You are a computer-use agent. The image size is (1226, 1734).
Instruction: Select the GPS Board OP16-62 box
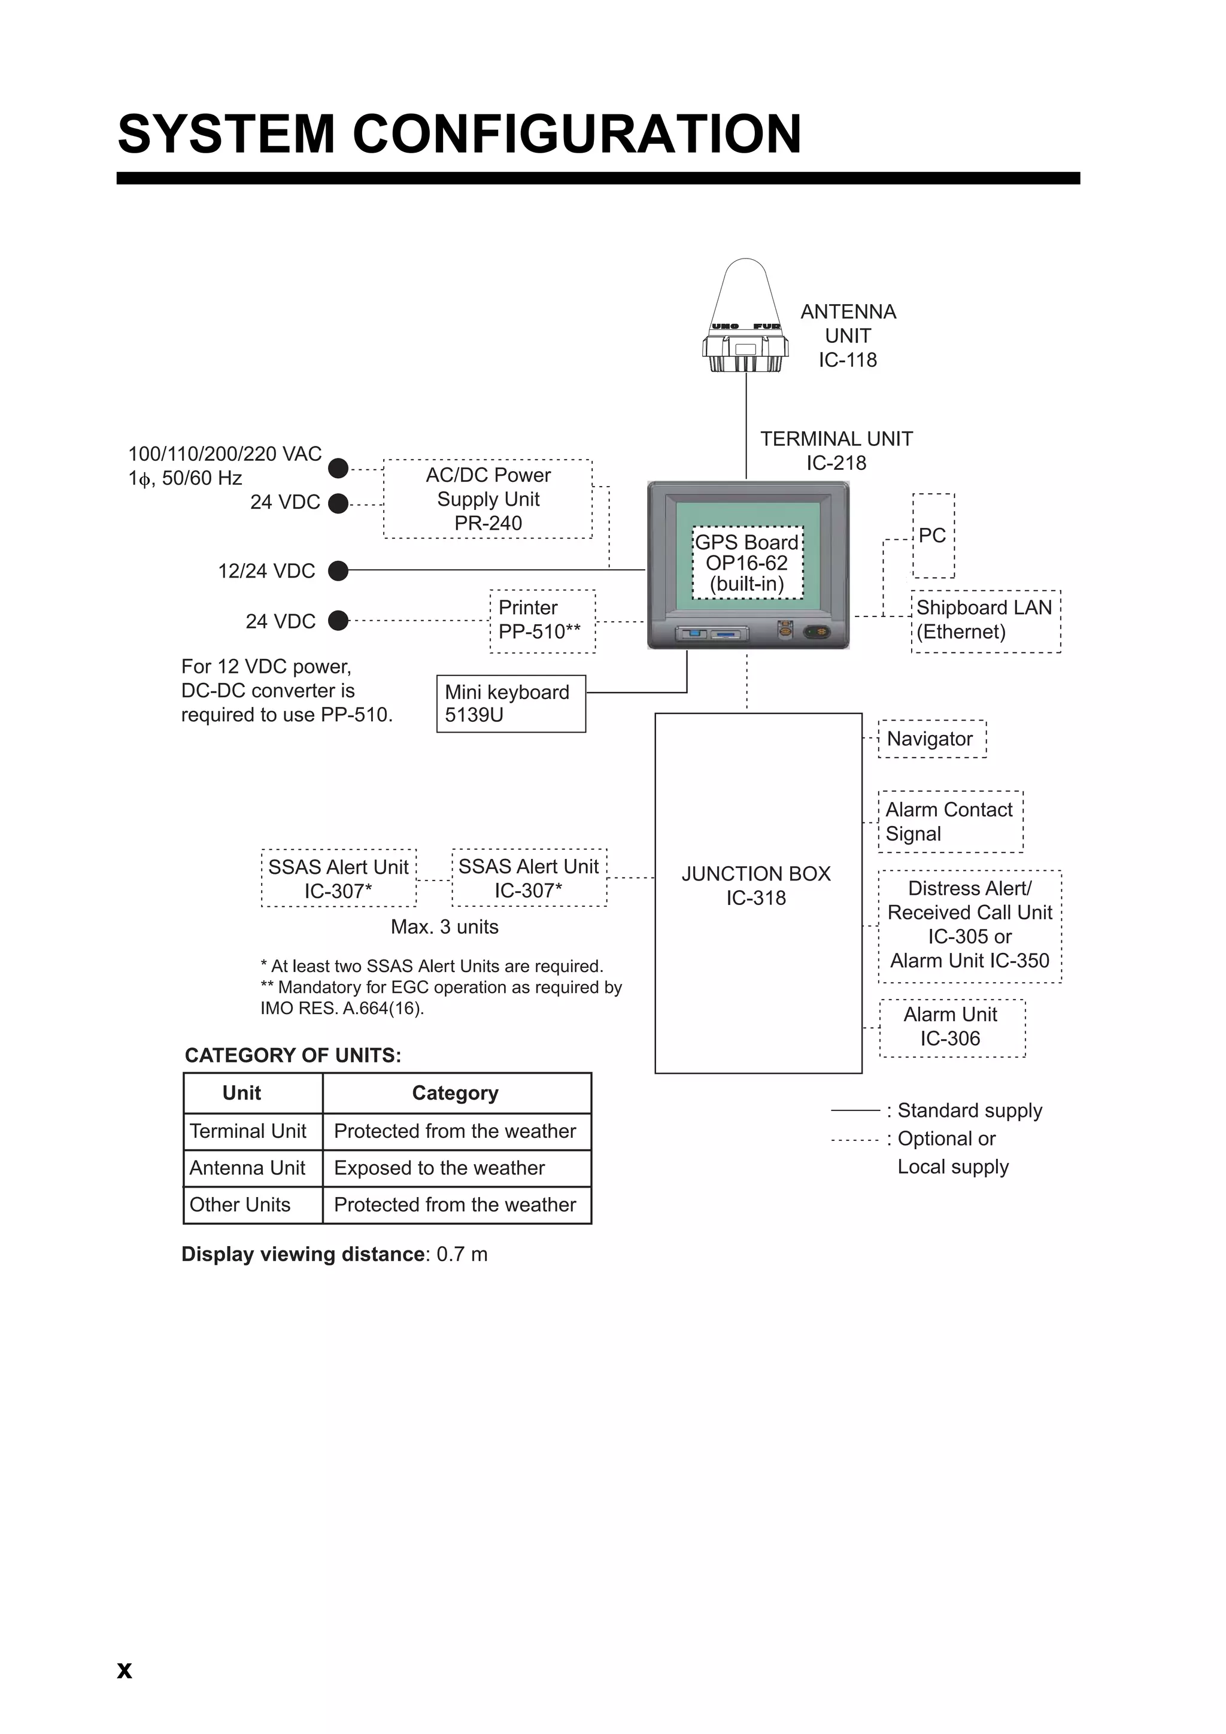pos(747,563)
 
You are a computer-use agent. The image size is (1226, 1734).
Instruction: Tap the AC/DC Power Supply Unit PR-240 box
pos(488,499)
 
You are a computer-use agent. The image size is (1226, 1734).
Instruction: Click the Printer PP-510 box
pos(542,621)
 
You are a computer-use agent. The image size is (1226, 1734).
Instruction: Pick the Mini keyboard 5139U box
pos(511,704)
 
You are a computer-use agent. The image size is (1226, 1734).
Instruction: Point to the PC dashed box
pos(933,536)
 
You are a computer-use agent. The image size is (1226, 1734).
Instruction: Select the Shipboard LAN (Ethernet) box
pos(985,621)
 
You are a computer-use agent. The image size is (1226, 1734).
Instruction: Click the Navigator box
pos(931,739)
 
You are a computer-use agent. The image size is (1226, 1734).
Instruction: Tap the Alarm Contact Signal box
pos(950,822)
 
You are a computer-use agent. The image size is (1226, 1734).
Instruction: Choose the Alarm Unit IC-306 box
pos(952,1027)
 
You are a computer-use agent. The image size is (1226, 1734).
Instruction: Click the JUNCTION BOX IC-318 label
pos(756,886)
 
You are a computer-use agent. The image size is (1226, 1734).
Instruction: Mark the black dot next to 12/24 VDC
pos(338,571)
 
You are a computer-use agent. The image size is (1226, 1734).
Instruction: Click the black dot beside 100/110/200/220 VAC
pos(338,468)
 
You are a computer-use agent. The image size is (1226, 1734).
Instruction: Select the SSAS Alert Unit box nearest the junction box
pos(529,878)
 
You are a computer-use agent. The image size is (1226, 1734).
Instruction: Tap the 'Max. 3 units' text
pos(444,927)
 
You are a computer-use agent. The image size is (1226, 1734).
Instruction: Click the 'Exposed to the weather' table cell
pos(439,1168)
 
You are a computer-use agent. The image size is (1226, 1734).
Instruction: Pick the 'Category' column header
pos(456,1093)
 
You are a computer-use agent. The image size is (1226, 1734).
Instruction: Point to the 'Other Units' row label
pos(240,1205)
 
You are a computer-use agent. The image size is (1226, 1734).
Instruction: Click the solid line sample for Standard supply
pos(855,1110)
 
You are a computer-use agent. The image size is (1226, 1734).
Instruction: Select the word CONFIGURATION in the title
pos(576,135)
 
